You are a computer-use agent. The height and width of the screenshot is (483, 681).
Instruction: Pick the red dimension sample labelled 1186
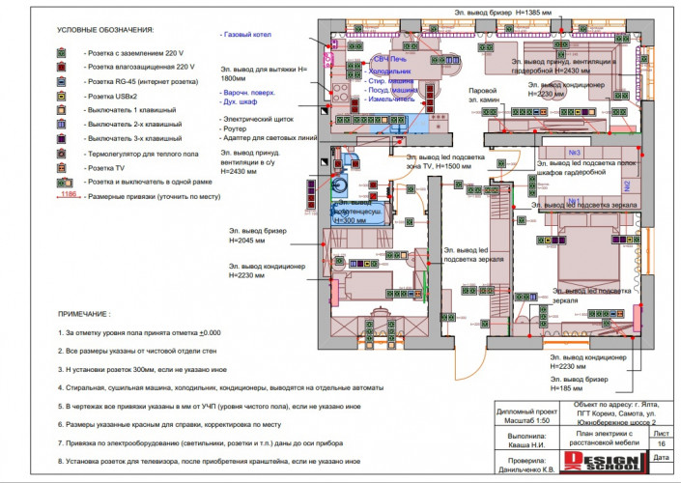click(67, 195)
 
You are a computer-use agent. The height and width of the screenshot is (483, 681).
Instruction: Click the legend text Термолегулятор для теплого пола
click(142, 153)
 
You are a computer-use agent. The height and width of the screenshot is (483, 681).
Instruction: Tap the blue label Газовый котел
click(246, 36)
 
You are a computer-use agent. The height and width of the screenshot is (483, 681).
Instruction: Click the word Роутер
click(237, 128)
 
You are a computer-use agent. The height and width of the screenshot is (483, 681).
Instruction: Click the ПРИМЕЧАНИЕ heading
click(84, 314)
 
